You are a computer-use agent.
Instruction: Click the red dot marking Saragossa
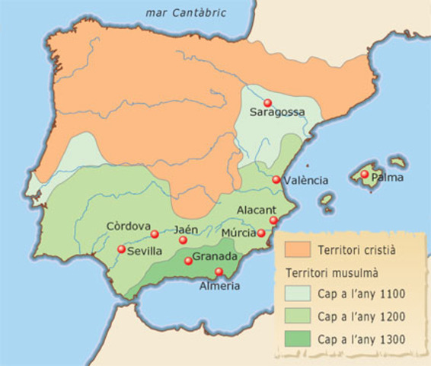point(267,103)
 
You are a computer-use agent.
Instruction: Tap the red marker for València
point(276,180)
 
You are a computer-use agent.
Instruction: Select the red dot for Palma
point(365,175)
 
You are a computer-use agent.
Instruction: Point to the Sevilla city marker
point(121,249)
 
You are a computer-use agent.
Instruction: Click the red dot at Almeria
point(219,272)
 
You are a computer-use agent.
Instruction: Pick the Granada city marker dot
point(188,261)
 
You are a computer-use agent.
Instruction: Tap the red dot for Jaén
point(183,240)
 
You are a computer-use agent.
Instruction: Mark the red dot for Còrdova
point(155,234)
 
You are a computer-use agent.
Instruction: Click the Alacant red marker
point(273,220)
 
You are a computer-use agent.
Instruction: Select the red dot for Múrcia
point(261,233)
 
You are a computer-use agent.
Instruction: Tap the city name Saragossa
point(277,113)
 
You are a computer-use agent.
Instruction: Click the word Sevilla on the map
point(145,250)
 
